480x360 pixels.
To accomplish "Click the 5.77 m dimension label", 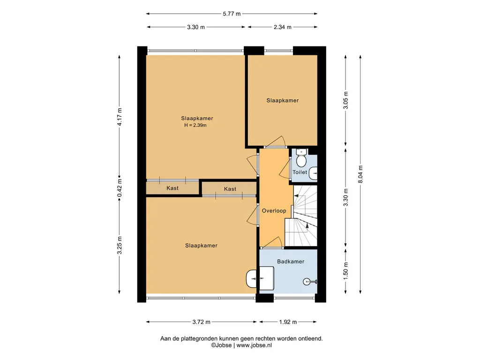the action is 232,14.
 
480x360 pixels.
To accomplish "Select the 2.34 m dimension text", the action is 283,27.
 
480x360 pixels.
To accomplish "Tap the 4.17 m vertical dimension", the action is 120,117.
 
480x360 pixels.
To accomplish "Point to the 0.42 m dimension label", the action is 120,188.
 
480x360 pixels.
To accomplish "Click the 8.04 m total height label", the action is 360,174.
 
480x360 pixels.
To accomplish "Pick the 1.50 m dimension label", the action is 345,270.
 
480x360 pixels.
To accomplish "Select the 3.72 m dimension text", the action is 202,322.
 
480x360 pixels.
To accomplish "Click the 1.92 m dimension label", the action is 288,322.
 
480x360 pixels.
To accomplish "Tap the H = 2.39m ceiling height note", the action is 195,125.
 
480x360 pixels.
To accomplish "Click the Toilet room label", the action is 300,172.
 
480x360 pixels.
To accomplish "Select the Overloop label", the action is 274,210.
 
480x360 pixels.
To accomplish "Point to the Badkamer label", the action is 291,262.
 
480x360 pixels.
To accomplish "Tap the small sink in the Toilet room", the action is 313,173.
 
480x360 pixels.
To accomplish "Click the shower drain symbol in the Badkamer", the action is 307,282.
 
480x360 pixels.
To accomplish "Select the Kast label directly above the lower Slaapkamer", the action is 230,189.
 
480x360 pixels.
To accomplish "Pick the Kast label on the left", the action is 172,188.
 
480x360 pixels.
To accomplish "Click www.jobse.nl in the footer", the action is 254,345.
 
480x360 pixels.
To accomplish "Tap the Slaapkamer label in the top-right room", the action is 283,100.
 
